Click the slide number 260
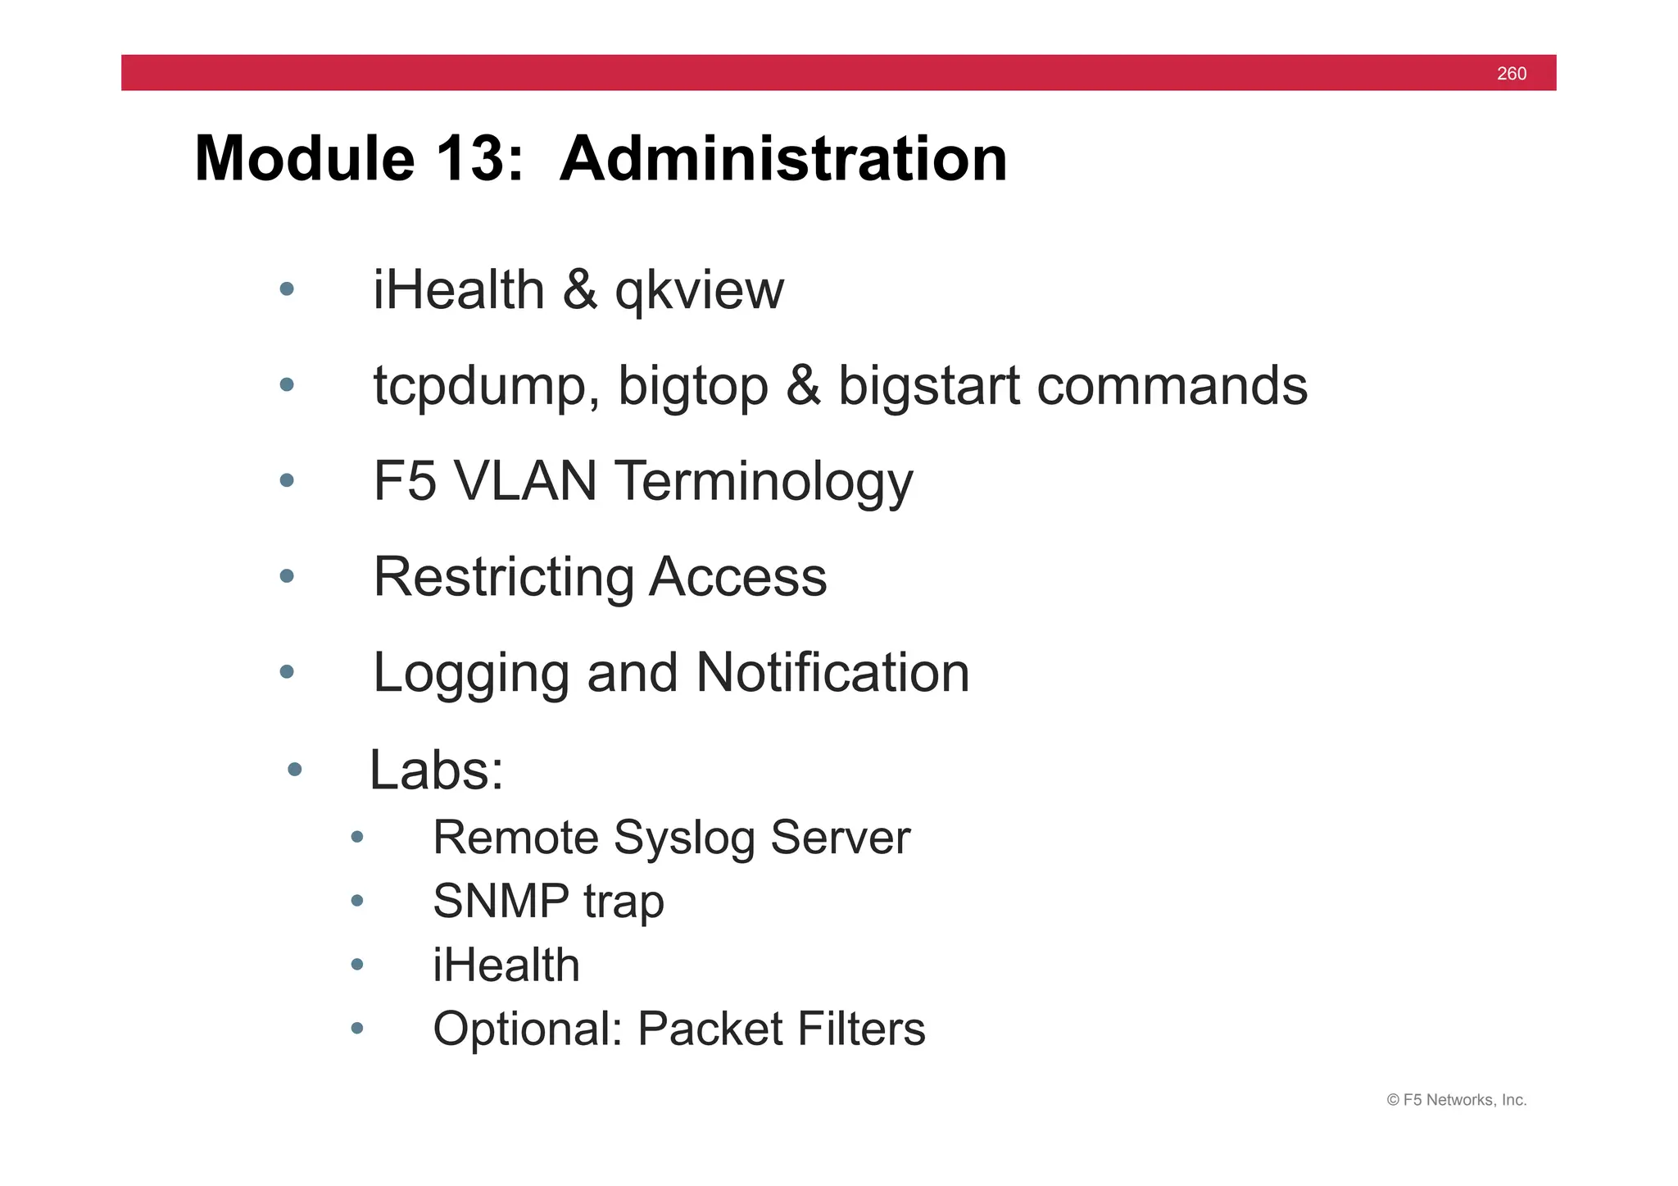pyautogui.click(x=1511, y=74)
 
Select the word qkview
pyautogui.click(x=699, y=292)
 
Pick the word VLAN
pyautogui.click(x=524, y=481)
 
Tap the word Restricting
pyautogui.click(x=502, y=578)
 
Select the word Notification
pyautogui.click(x=832, y=673)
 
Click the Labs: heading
pyautogui.click(x=436, y=771)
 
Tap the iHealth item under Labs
pyautogui.click(x=506, y=965)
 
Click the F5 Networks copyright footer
pyautogui.click(x=1456, y=1100)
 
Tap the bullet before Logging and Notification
pyautogui.click(x=286, y=672)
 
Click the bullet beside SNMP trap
pyautogui.click(x=356, y=901)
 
